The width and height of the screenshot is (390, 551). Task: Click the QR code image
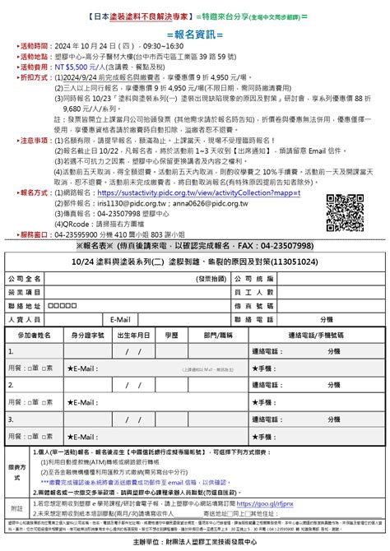[346, 210]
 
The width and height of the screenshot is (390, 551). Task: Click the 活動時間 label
[35, 46]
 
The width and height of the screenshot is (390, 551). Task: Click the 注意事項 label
[35, 140]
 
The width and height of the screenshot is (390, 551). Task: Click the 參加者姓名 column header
[34, 336]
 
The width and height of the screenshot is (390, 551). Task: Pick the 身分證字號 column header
[87, 336]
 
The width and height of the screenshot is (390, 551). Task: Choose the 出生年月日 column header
[133, 336]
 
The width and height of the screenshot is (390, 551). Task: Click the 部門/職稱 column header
[218, 336]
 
